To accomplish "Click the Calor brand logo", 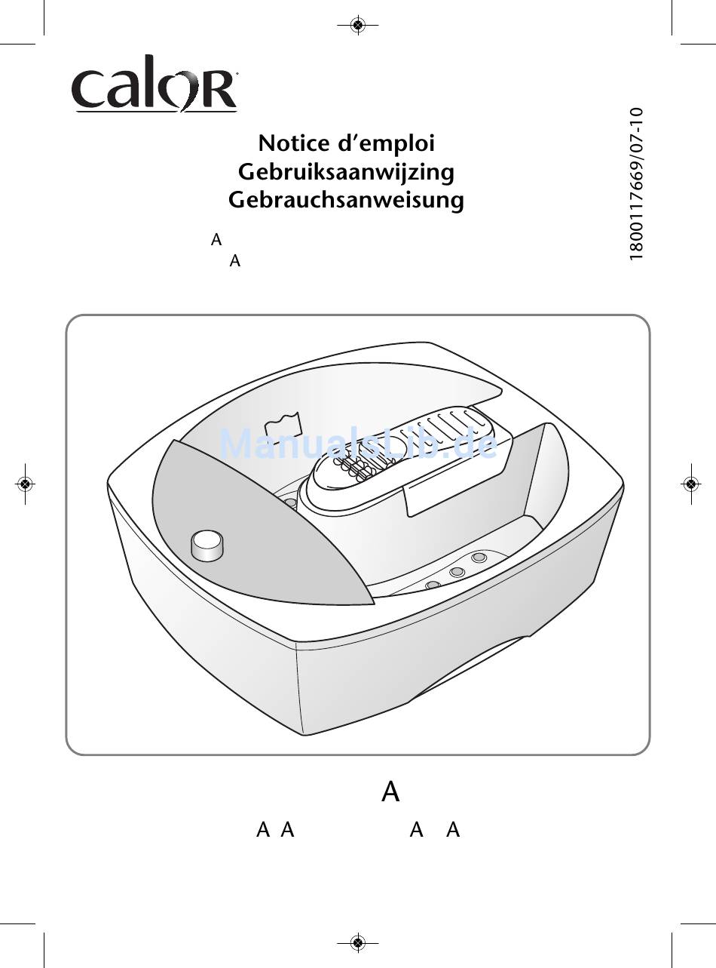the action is [155, 83].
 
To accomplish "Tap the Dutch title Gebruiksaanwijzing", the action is [346, 173].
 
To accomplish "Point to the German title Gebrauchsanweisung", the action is [346, 201].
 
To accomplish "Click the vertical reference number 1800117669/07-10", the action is [637, 184].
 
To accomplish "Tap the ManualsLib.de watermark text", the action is [359, 444].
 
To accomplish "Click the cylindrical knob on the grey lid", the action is [207, 545].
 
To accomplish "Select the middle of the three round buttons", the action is [457, 571].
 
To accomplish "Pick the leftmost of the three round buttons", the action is [433, 585].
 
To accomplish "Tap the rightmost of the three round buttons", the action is [479, 558].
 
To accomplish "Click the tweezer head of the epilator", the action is [356, 467].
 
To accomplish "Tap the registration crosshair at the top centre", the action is [358, 25].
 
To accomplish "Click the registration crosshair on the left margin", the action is [26, 484].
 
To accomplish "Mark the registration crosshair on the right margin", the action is [690, 484].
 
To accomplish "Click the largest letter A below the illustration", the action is [390, 791].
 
